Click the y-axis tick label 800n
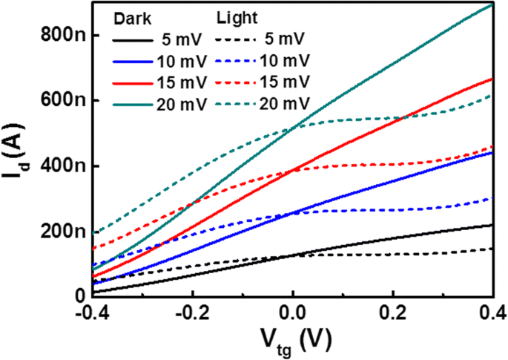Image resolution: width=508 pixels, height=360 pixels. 62,34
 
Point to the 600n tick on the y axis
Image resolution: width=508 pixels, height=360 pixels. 62,100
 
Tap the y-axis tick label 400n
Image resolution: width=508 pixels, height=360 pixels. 62,166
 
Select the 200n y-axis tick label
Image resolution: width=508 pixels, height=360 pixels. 62,231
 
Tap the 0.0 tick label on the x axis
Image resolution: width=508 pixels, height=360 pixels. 294,313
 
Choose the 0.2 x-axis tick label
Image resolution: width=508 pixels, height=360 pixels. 394,313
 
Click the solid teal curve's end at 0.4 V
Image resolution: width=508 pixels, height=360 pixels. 492,4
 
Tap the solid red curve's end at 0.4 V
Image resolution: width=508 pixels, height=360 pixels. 492,79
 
